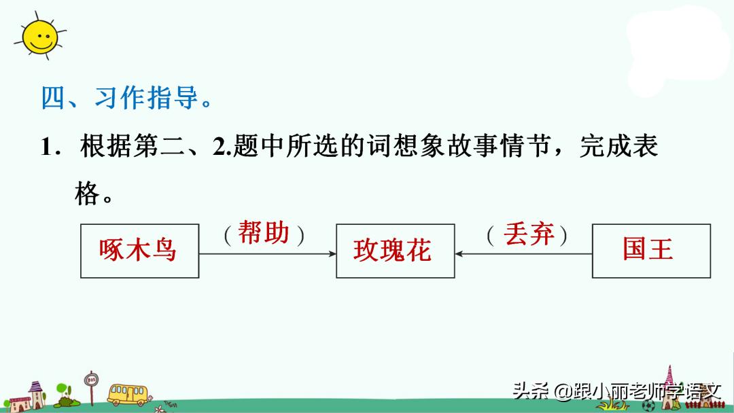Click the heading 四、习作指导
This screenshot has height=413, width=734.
126,99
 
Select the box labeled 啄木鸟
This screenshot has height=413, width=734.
139,251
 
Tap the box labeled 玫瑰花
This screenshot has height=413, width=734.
395,251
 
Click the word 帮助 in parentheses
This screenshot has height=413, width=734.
264,234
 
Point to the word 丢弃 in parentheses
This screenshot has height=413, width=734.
528,234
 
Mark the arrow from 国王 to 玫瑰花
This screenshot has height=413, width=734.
523,254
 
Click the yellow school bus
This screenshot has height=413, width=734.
128,393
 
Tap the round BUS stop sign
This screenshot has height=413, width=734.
91,380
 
